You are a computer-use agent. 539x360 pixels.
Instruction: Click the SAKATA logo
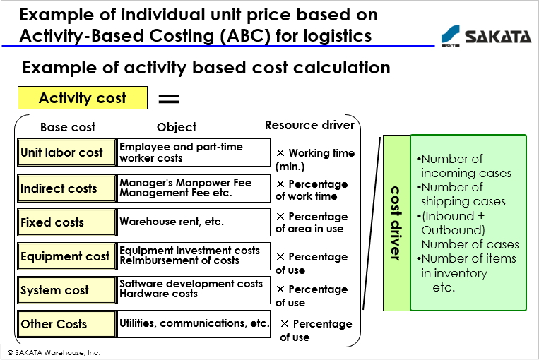click(486, 36)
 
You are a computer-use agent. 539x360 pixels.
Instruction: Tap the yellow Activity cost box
click(83, 98)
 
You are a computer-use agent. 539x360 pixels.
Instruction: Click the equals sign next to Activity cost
click(169, 99)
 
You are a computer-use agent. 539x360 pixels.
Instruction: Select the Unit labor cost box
click(66, 152)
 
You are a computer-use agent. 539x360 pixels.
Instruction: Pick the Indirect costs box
click(66, 188)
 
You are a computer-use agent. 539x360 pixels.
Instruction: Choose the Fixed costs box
click(66, 222)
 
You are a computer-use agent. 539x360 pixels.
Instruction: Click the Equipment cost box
click(66, 256)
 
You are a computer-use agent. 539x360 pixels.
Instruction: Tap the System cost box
click(66, 290)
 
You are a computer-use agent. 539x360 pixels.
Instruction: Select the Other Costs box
click(66, 324)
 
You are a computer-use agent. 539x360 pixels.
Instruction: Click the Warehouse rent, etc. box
click(194, 222)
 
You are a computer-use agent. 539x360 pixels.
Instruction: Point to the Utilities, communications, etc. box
click(194, 324)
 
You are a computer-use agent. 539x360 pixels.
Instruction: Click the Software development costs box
click(194, 290)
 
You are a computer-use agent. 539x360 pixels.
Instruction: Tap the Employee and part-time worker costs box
click(194, 152)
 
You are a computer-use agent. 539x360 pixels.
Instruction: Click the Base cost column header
click(68, 127)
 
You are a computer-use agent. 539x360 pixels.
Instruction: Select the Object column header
click(177, 127)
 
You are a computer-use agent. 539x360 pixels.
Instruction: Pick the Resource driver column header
click(309, 125)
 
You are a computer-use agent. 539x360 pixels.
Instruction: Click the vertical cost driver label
click(396, 223)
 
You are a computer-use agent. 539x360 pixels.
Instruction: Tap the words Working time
click(321, 153)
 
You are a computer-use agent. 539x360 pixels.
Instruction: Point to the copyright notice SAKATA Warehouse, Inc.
click(54, 353)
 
